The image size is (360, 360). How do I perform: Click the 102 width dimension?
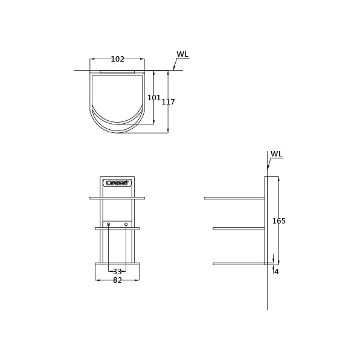[x=117, y=59]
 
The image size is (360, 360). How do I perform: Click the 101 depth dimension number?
[x=153, y=98]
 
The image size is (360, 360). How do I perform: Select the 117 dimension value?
[x=168, y=101]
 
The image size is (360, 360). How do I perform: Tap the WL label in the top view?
[x=182, y=54]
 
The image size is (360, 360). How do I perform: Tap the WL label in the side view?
[x=276, y=154]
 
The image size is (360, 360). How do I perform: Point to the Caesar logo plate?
[x=117, y=183]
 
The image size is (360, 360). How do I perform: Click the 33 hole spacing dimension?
[x=117, y=272]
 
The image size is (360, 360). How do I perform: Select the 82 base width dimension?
[x=117, y=280]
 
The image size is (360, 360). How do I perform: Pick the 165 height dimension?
[x=278, y=221]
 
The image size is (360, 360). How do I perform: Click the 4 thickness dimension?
[x=277, y=272]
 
